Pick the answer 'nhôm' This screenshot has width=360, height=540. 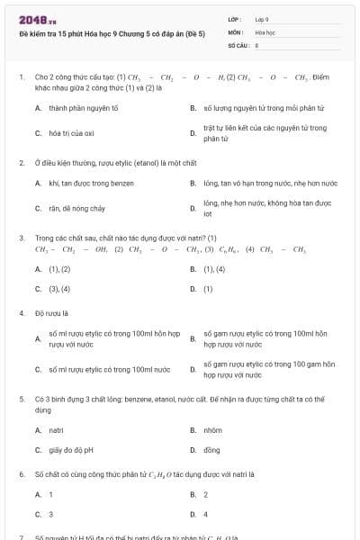[212, 430]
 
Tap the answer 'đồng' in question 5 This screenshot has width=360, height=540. [211, 450]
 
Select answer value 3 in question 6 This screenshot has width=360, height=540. [50, 515]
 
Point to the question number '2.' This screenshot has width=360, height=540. [22, 163]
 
